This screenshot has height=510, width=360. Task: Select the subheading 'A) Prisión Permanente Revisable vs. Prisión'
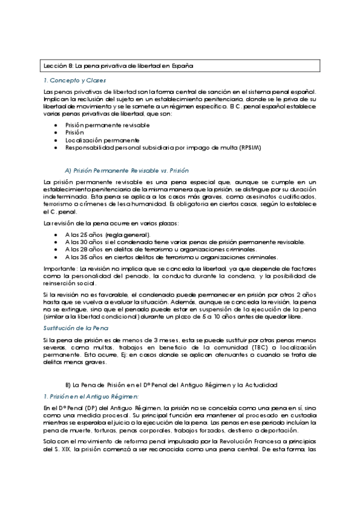126,170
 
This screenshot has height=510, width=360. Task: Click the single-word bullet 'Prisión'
75,132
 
